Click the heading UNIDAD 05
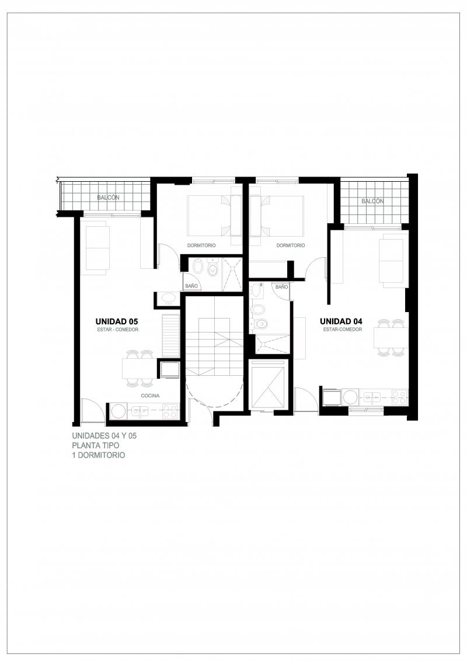tap(117, 321)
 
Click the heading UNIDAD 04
tap(341, 321)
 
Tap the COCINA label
tap(150, 396)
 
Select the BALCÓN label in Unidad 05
tap(108, 198)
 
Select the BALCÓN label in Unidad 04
tap(372, 202)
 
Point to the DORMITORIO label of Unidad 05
tap(201, 245)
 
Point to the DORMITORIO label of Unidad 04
tap(291, 245)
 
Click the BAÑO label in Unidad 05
tap(191, 286)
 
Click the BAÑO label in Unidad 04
tap(282, 286)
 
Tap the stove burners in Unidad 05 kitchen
tap(170, 411)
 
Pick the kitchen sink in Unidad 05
tap(140, 411)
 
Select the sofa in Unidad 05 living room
tap(98, 250)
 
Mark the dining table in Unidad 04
tap(391, 338)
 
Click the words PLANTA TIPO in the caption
tap(96, 445)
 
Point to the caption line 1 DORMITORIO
tap(99, 455)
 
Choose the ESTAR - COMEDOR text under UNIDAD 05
tap(117, 330)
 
